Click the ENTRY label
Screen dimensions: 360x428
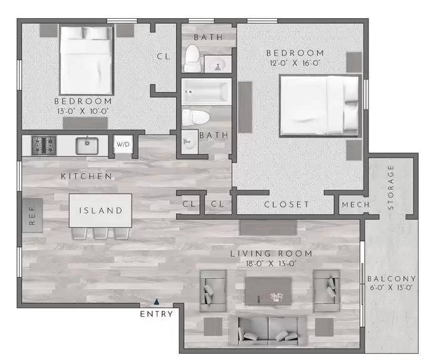tap(156, 314)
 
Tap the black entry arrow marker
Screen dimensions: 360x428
tap(157, 302)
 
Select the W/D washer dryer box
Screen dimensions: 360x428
tap(122, 145)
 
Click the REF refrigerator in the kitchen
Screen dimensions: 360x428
tap(33, 215)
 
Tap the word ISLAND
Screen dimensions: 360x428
tap(100, 210)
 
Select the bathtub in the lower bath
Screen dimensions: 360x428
tap(206, 93)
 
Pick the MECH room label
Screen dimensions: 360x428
tap(355, 205)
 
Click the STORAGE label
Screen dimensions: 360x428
tap(392, 187)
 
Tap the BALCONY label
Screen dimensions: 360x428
tap(392, 279)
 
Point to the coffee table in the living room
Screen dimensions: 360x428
tap(269, 291)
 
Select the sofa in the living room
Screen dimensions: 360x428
tap(269, 329)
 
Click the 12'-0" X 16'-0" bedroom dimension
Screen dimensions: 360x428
tap(295, 63)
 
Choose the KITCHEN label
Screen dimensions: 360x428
tap(86, 177)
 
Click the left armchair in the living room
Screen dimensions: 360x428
tap(212, 290)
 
